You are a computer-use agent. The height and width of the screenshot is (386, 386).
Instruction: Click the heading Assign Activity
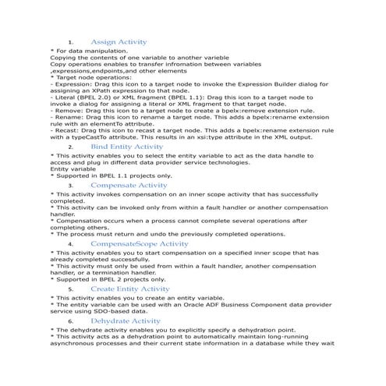[x=119, y=41]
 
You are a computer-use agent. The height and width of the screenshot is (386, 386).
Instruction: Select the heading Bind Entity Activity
[x=127, y=146]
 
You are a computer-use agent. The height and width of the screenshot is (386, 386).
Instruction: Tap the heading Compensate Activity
[x=129, y=186]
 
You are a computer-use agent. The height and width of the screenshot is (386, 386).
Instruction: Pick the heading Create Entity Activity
[x=129, y=289]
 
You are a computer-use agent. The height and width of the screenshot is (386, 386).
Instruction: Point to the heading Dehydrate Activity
[x=126, y=320]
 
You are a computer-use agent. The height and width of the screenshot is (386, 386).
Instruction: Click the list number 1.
[x=70, y=41]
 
